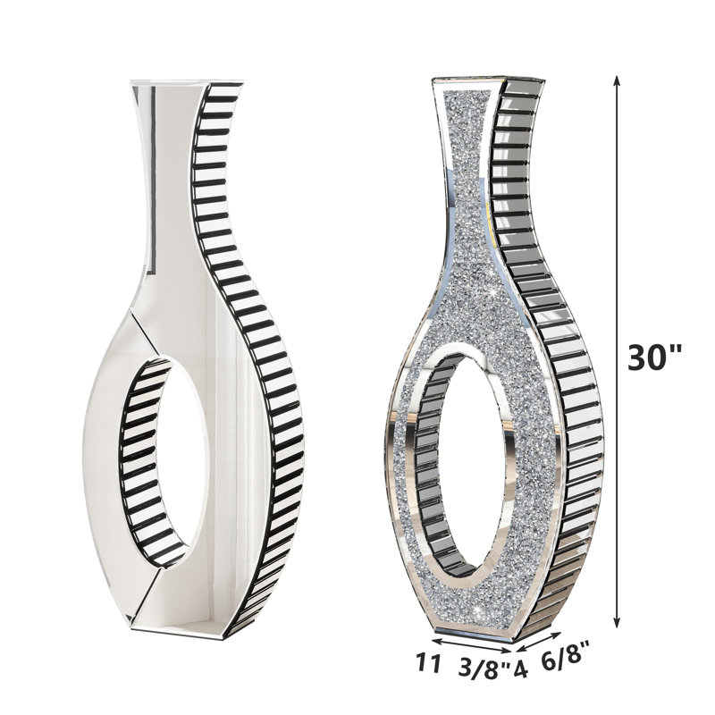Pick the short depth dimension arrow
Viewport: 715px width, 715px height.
539,643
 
